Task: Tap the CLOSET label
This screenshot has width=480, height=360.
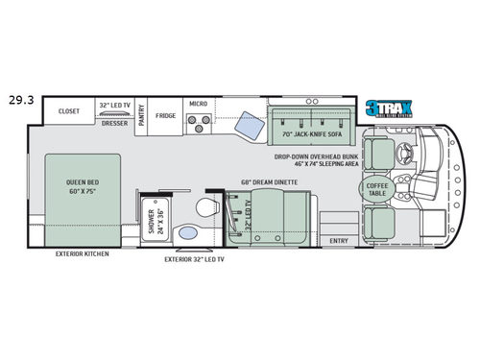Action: (x=69, y=111)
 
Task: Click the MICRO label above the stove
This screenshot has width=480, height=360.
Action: (x=198, y=103)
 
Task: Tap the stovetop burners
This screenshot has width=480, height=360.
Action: (x=199, y=123)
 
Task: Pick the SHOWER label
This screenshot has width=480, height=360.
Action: (x=155, y=220)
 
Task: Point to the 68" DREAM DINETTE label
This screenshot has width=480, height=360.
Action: (x=274, y=182)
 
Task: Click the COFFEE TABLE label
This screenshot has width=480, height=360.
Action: (x=376, y=189)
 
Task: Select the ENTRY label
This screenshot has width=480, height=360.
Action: (x=338, y=240)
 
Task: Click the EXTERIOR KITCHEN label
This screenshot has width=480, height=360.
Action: (x=82, y=254)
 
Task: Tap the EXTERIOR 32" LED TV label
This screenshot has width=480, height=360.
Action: (x=194, y=259)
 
